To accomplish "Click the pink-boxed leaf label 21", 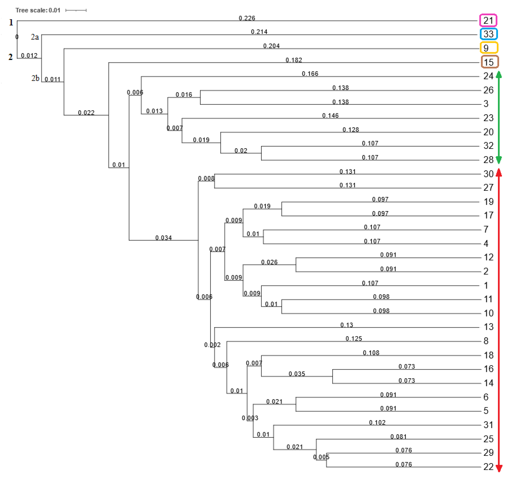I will click(x=488, y=20).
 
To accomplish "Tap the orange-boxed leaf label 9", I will click(x=486, y=48).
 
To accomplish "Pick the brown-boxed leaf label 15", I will click(x=489, y=62).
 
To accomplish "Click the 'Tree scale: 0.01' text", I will click(x=38, y=10).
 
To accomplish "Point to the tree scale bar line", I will click(x=76, y=10).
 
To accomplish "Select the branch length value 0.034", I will click(x=163, y=238).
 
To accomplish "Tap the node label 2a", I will click(x=35, y=37).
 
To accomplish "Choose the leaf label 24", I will click(x=488, y=76).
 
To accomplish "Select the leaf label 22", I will click(x=488, y=467).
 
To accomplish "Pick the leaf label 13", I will click(x=488, y=327).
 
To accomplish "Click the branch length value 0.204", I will click(x=271, y=46).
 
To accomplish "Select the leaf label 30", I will click(x=488, y=174).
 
